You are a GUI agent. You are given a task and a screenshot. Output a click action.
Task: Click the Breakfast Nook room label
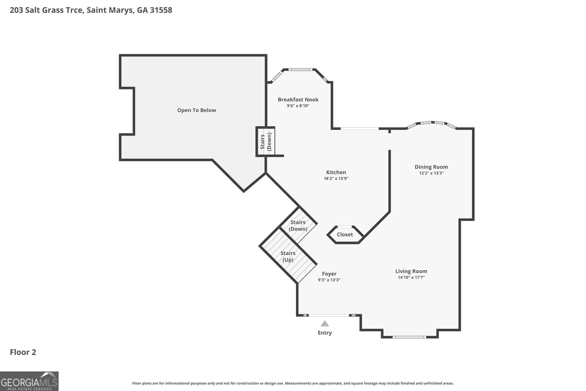(x=298, y=99)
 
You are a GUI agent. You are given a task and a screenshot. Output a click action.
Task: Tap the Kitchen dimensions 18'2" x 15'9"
(x=336, y=178)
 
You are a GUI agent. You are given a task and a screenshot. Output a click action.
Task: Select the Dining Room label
(x=431, y=167)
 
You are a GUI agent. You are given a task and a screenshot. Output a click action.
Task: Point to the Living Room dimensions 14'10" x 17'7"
(x=411, y=277)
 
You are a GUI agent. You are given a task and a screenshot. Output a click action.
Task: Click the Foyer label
(x=329, y=274)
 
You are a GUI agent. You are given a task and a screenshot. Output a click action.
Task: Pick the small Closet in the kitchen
(x=345, y=235)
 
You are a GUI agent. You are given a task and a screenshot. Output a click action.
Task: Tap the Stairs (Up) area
(x=288, y=257)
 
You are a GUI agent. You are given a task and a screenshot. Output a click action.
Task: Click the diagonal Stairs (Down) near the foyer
(x=298, y=225)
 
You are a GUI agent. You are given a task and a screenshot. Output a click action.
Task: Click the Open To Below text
(x=196, y=110)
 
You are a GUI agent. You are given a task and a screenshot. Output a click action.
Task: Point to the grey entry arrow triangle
(x=324, y=324)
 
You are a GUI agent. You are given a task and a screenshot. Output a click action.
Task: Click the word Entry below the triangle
(x=324, y=333)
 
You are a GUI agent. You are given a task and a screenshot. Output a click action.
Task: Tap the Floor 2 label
(x=23, y=352)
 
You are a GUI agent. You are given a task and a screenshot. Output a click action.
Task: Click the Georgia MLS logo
(x=29, y=381)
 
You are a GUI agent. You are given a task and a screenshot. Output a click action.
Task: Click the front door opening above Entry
(x=329, y=315)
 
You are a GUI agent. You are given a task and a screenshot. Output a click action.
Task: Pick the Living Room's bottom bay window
(x=409, y=337)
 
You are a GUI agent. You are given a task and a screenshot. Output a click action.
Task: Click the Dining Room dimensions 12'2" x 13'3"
(x=431, y=173)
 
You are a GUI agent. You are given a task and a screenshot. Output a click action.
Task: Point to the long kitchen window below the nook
(x=360, y=128)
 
